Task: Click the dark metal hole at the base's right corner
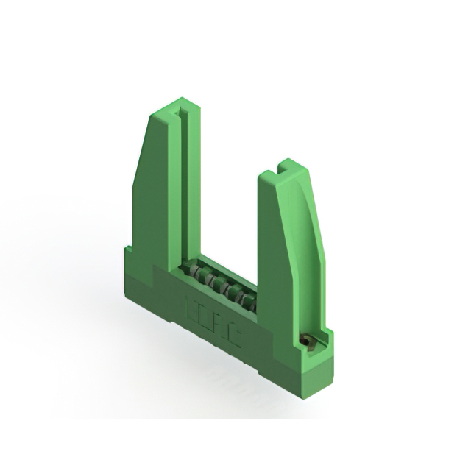[309, 341]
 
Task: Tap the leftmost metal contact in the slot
[193, 272]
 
